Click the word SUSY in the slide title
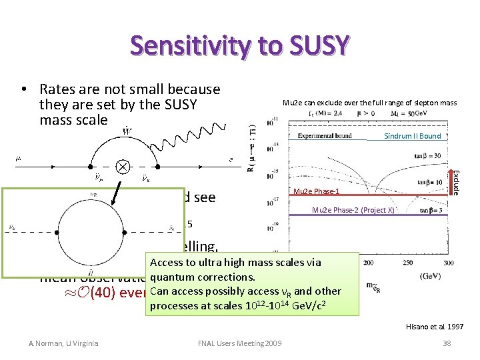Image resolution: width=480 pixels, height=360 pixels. click(x=314, y=45)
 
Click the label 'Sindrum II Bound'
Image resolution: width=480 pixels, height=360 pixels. click(x=412, y=136)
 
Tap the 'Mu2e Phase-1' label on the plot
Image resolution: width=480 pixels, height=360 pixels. click(x=317, y=192)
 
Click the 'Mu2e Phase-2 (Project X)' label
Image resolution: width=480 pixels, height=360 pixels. click(x=353, y=211)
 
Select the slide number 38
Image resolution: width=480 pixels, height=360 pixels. click(x=446, y=343)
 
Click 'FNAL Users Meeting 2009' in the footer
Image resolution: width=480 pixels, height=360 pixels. click(x=240, y=343)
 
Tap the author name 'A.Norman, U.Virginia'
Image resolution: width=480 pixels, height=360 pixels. click(x=63, y=343)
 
